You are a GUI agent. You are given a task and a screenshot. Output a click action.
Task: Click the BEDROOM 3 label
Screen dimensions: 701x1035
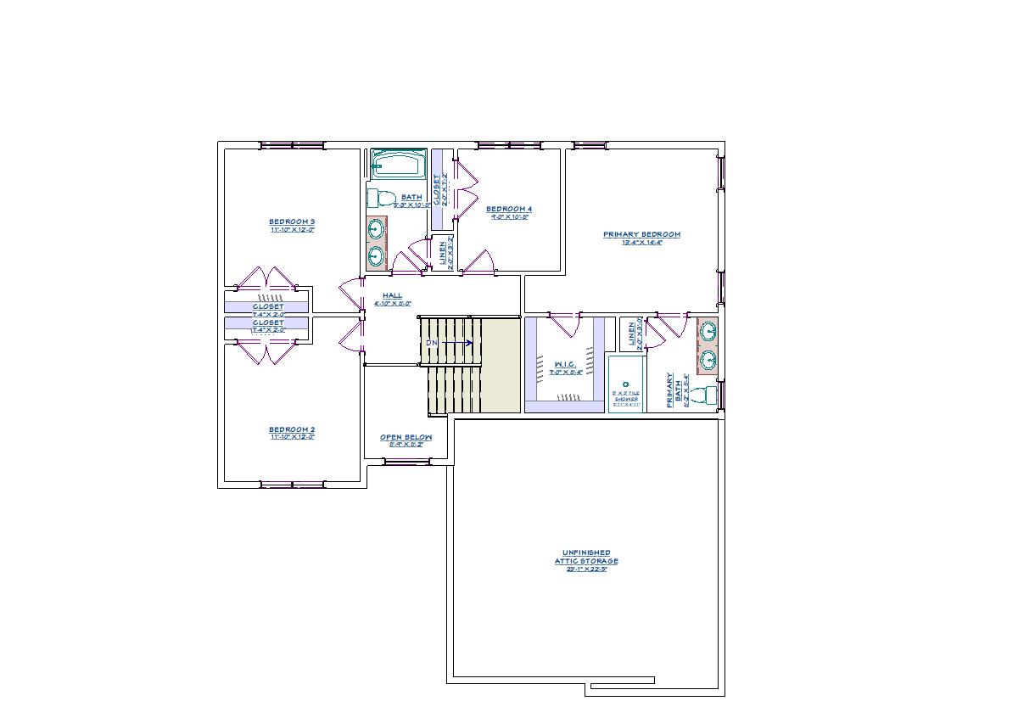coord(292,222)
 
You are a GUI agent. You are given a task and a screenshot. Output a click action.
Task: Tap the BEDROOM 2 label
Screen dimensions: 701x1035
coord(292,429)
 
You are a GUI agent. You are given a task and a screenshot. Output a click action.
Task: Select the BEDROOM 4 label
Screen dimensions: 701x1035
coord(509,209)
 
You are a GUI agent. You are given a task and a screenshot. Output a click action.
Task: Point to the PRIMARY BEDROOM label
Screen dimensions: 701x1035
coord(641,234)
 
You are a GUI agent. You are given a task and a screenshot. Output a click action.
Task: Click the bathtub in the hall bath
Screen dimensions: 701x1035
coord(398,164)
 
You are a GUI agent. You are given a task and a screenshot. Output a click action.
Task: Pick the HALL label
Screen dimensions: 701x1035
coord(392,295)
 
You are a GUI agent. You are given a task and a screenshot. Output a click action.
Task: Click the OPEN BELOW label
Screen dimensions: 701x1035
coord(406,437)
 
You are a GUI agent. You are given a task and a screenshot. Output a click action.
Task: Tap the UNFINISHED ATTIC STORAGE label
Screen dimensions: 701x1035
coord(586,557)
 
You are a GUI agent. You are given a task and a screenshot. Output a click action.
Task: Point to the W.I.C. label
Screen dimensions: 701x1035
coord(565,364)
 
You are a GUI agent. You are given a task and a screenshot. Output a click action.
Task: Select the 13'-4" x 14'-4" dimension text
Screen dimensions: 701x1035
coord(641,243)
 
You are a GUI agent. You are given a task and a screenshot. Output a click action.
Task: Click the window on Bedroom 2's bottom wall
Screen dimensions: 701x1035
coord(292,485)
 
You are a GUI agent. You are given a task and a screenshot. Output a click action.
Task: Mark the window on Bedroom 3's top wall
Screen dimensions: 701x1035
coord(292,145)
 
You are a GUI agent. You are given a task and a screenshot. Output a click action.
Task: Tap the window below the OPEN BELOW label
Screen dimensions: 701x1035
coord(406,462)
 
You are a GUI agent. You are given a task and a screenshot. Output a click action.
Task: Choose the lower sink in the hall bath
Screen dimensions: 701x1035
coord(375,255)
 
